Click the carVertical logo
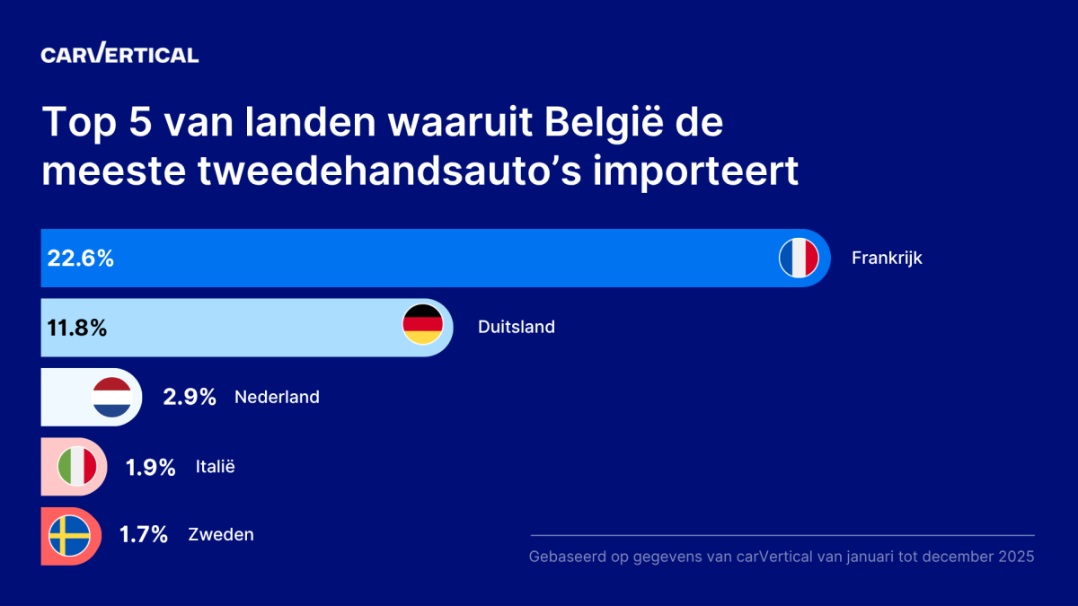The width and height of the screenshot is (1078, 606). [x=119, y=54]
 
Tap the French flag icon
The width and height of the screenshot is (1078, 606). [x=799, y=259]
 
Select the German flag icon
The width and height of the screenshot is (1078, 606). [x=422, y=325]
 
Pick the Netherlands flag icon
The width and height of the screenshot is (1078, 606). [x=112, y=397]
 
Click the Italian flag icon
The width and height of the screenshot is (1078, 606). [x=77, y=467]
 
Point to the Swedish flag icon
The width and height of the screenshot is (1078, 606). [x=68, y=535]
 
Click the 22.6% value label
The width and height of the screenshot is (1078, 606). [x=80, y=259]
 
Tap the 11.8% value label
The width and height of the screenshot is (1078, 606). [x=76, y=328]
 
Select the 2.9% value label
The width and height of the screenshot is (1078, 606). [x=190, y=397]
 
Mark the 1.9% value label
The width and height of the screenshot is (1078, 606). [x=150, y=467]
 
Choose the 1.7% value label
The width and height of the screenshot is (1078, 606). [x=144, y=535]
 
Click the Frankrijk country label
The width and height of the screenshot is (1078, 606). [x=887, y=259]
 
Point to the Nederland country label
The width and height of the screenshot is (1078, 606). [x=277, y=397]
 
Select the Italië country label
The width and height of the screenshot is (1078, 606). [x=215, y=467]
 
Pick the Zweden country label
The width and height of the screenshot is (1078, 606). [x=221, y=535]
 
